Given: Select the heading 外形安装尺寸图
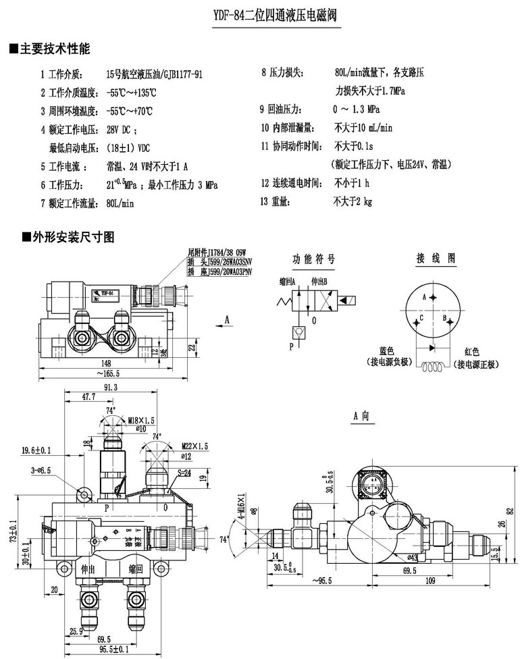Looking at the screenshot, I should (68, 237).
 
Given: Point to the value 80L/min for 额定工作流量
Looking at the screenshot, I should (122, 202).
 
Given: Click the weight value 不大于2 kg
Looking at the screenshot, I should (353, 201).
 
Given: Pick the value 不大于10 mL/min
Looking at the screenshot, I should (363, 128).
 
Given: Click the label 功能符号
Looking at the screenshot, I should (313, 259).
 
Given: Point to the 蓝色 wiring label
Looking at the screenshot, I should (387, 351).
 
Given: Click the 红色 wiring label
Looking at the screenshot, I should (472, 351).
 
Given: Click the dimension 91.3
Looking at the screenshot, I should (111, 388).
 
